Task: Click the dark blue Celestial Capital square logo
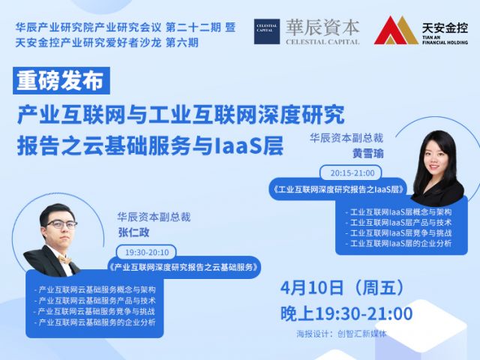click(267, 31)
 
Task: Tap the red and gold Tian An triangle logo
click(396, 30)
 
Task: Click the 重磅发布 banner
click(61, 80)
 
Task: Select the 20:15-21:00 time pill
click(351, 173)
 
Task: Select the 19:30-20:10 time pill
click(147, 253)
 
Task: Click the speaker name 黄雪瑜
click(367, 153)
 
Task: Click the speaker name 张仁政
click(133, 232)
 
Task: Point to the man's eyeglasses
click(61, 224)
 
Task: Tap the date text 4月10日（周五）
click(343, 288)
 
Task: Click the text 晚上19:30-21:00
click(346, 313)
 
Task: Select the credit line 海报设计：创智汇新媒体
click(341, 333)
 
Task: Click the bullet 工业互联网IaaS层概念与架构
click(398, 211)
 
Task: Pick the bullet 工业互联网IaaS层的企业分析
click(398, 243)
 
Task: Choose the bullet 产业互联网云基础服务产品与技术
click(95, 301)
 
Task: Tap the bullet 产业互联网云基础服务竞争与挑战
click(95, 312)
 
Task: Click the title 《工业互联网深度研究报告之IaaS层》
click(338, 190)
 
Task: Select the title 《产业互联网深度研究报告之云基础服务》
click(184, 267)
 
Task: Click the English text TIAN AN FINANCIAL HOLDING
click(445, 40)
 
